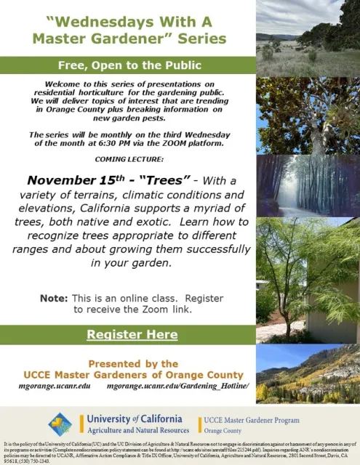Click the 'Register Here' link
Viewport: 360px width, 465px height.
pos(132,334)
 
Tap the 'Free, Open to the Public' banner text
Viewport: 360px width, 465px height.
pos(128,65)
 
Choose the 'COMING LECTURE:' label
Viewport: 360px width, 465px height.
pos(128,160)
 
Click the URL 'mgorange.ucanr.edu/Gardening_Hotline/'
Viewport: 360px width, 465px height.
pos(177,386)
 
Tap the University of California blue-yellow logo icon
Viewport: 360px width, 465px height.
pos(60,424)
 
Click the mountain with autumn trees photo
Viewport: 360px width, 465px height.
pos(308,373)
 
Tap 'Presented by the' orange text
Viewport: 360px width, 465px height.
pos(133,363)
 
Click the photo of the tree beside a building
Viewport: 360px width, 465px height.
pos(308,280)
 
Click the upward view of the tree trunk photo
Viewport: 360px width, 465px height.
pos(308,113)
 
